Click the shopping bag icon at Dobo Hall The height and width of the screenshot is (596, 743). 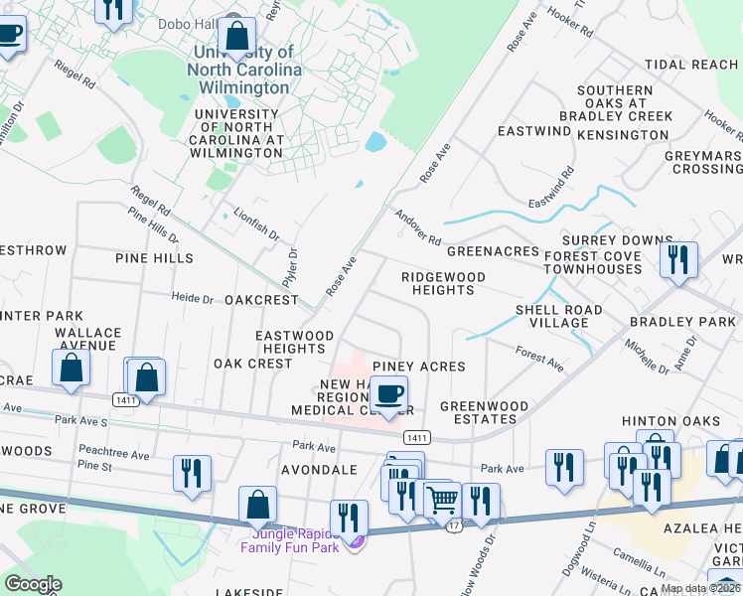pyautogui.click(x=237, y=36)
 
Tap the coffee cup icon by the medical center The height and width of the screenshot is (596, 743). pyautogui.click(x=389, y=393)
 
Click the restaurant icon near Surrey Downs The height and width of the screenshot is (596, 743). pyautogui.click(x=678, y=260)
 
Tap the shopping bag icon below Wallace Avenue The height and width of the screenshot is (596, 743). pyautogui.click(x=71, y=367)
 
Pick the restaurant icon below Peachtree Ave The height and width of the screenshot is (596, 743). pyautogui.click(x=192, y=473)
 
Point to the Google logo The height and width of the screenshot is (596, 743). pyautogui.click(x=32, y=584)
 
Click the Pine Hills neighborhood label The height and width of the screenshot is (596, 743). pyautogui.click(x=153, y=258)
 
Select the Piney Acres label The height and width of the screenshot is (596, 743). pyautogui.click(x=418, y=367)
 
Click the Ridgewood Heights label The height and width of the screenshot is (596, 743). pyautogui.click(x=442, y=283)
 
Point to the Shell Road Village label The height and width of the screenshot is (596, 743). pyautogui.click(x=558, y=316)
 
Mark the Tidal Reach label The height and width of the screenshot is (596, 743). pyautogui.click(x=691, y=65)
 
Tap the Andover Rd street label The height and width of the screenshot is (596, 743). pyautogui.click(x=417, y=227)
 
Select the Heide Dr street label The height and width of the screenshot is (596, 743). pyautogui.click(x=193, y=298)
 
